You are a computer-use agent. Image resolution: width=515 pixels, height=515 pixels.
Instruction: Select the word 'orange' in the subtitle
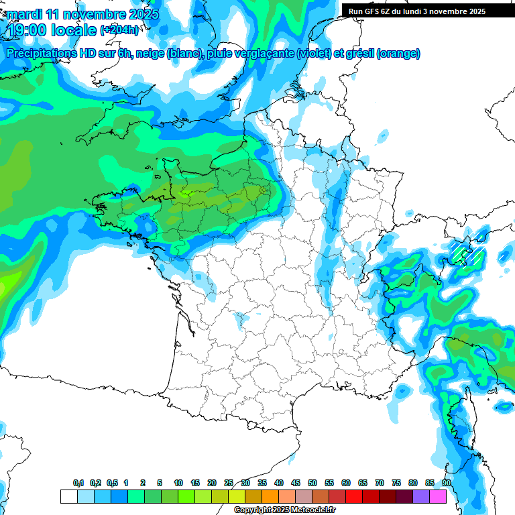(400, 54)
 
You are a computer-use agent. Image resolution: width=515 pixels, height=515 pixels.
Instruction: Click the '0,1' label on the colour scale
(78, 483)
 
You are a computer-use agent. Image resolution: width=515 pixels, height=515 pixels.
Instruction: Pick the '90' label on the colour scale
(447, 483)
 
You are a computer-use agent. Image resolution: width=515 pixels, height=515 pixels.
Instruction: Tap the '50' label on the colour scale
(312, 483)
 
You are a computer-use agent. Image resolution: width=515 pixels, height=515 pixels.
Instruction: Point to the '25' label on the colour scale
(229, 483)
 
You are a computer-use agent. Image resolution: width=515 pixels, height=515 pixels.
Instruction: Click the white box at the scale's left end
(68, 496)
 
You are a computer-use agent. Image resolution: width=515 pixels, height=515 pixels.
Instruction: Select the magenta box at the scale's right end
(438, 496)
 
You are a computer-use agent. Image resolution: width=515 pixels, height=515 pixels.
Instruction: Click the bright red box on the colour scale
(354, 496)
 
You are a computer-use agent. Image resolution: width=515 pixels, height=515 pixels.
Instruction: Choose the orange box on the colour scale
(270, 496)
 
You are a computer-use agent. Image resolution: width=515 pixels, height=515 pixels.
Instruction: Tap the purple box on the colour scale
(421, 496)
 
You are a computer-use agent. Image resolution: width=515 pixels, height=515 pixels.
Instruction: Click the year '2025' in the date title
(143, 15)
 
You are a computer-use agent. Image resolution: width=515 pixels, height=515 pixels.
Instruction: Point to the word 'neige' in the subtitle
(149, 54)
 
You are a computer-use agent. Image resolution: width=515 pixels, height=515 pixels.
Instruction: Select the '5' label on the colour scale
(160, 483)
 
